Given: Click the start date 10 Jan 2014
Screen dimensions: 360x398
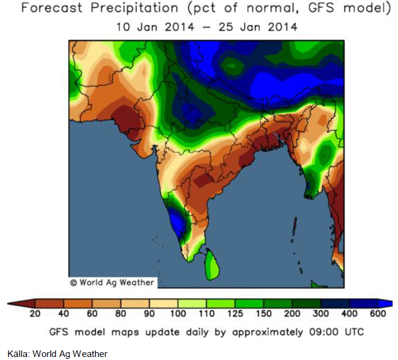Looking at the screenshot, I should click(153, 28).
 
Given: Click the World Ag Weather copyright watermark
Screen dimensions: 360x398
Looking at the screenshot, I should click(112, 282).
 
